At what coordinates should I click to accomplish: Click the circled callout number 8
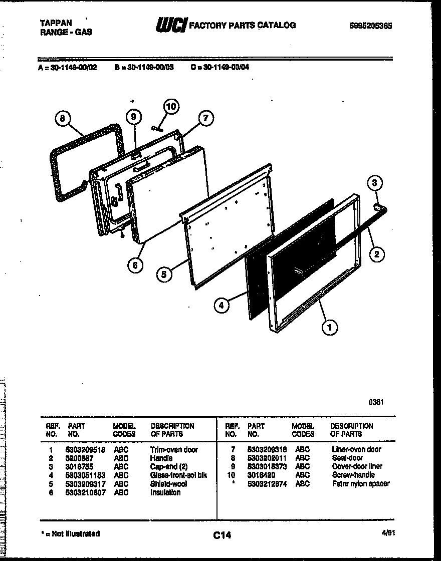(x=62, y=118)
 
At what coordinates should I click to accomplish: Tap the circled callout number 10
(x=171, y=107)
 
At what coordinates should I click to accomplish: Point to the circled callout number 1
(x=329, y=328)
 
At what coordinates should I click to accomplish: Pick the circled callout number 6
(x=135, y=265)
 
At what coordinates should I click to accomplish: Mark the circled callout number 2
(x=376, y=254)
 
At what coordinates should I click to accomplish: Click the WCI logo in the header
(x=171, y=25)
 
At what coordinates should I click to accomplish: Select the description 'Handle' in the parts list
(x=161, y=458)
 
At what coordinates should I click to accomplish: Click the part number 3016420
(x=261, y=475)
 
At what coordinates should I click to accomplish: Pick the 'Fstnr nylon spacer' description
(x=360, y=484)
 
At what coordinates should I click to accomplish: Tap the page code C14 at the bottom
(x=221, y=535)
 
